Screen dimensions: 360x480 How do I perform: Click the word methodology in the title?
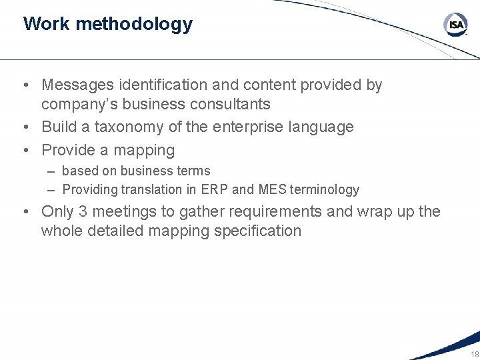[x=134, y=25]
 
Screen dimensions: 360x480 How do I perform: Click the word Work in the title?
[x=47, y=24]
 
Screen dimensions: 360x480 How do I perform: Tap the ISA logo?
[x=455, y=25]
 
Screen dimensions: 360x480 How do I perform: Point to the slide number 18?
[x=474, y=354]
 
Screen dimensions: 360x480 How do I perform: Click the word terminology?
[x=325, y=189]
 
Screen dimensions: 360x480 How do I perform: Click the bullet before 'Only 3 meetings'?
[x=25, y=212]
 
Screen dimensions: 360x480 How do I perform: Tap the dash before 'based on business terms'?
[x=51, y=171]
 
